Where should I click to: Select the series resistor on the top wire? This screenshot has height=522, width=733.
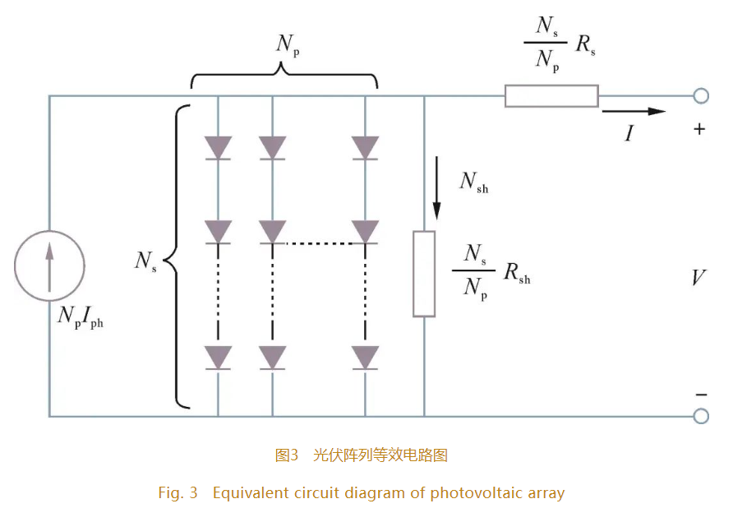[551, 96]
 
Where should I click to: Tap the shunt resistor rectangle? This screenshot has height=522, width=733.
[424, 274]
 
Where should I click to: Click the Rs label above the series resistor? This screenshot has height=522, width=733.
[586, 46]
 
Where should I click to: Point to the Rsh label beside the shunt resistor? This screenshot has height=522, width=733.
[515, 274]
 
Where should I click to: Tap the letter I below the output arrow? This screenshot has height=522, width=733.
[629, 133]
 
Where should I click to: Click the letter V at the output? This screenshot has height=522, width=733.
[698, 278]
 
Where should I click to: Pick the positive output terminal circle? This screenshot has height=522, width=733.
[700, 96]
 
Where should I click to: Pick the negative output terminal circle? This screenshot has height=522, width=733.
[700, 416]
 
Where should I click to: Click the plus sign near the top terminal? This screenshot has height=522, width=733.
[700, 129]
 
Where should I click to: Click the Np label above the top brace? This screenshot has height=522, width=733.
[286, 44]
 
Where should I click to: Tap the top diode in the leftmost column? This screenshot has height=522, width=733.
[218, 148]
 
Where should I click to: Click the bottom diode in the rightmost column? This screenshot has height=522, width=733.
[365, 358]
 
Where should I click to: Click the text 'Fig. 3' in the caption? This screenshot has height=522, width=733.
[178, 493]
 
